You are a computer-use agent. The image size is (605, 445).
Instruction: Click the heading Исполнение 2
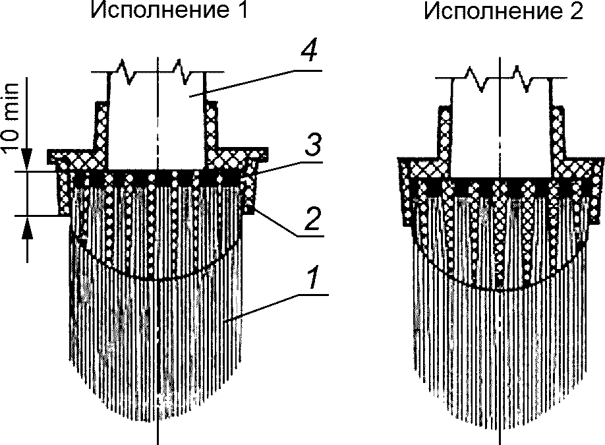click(x=504, y=13)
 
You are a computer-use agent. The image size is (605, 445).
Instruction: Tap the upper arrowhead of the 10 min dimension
click(x=27, y=163)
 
